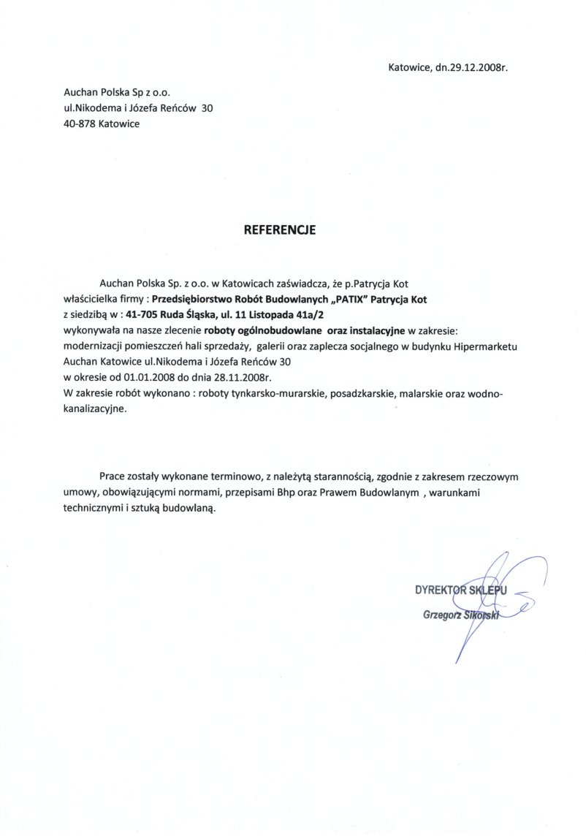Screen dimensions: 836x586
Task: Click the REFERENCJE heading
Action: point(279,229)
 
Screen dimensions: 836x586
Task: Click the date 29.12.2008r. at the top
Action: point(476,67)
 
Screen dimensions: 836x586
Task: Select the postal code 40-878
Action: point(80,123)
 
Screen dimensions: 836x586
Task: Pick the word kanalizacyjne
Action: point(95,411)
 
